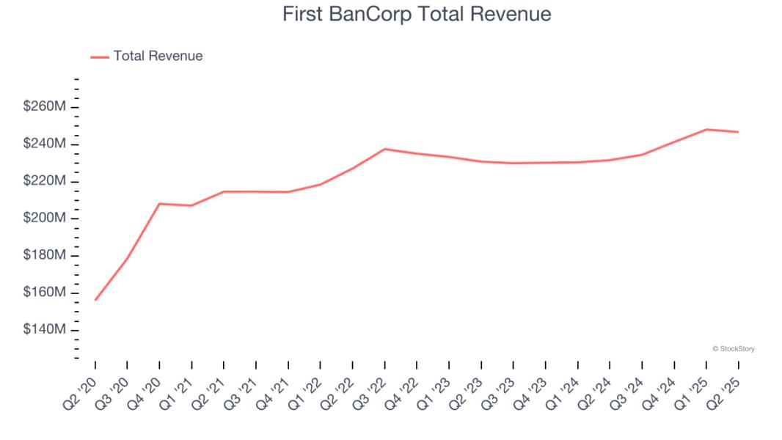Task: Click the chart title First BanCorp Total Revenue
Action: coord(417,14)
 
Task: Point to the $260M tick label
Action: coord(45,107)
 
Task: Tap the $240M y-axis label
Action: coord(45,144)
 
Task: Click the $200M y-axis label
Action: coord(45,219)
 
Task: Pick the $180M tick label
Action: coord(45,255)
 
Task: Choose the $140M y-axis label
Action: coord(45,330)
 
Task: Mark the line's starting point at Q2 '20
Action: coord(95,300)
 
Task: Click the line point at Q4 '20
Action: coord(160,204)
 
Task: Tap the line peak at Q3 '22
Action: coord(385,149)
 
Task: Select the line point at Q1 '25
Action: coord(706,130)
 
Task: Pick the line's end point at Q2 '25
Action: coord(738,132)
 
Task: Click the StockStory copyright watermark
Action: coord(733,349)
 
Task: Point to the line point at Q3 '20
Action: coord(128,258)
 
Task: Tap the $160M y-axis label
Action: coord(45,293)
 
